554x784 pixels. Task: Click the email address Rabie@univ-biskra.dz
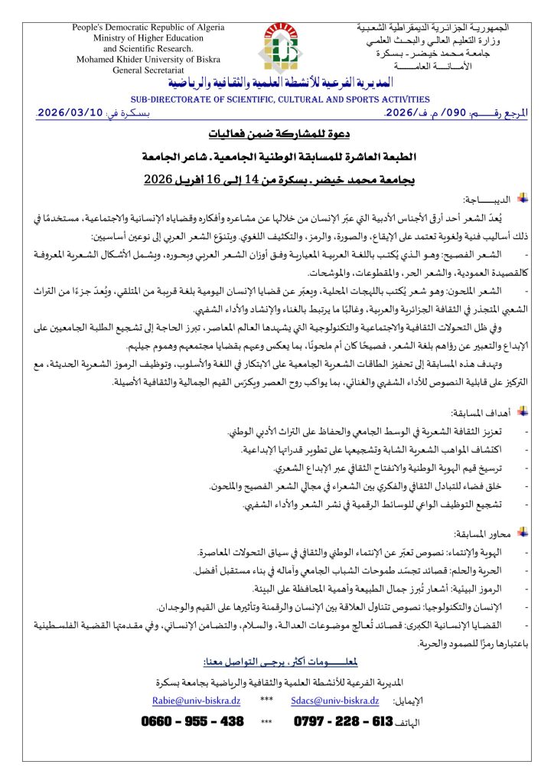[x=197, y=700]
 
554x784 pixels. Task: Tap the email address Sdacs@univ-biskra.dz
[x=334, y=700]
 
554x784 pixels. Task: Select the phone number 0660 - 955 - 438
[x=193, y=722]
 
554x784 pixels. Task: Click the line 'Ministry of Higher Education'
[x=148, y=38]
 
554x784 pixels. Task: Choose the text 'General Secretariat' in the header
[x=148, y=70]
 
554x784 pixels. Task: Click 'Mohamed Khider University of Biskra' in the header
[x=148, y=59]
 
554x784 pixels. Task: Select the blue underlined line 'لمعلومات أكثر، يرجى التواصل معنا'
[x=278, y=661]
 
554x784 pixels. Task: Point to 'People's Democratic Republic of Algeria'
[x=148, y=28]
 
